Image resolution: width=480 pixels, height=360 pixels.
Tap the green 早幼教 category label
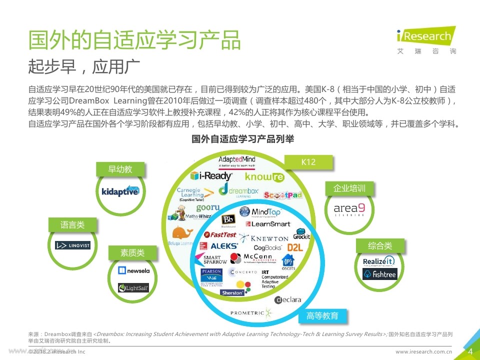tap(120, 169)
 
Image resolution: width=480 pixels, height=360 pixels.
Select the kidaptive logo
tap(120, 191)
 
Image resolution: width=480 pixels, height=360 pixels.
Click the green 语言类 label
tap(72, 225)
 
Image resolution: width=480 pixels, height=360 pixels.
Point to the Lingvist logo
tap(73, 245)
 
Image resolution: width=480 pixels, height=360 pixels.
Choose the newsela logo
tap(133, 270)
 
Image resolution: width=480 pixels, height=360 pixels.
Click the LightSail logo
tap(133, 287)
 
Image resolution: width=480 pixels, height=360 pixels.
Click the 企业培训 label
tap(349, 188)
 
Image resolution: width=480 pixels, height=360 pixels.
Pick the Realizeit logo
tap(379, 261)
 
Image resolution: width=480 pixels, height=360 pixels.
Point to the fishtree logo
tap(379, 274)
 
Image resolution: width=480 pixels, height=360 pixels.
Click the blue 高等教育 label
tap(322, 316)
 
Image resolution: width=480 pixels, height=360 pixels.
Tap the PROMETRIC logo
tap(251, 313)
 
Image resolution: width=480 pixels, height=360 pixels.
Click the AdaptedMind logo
tap(236, 161)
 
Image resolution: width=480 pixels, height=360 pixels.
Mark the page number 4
tap(470, 351)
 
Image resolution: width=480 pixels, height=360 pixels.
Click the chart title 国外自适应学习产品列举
tap(242, 139)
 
